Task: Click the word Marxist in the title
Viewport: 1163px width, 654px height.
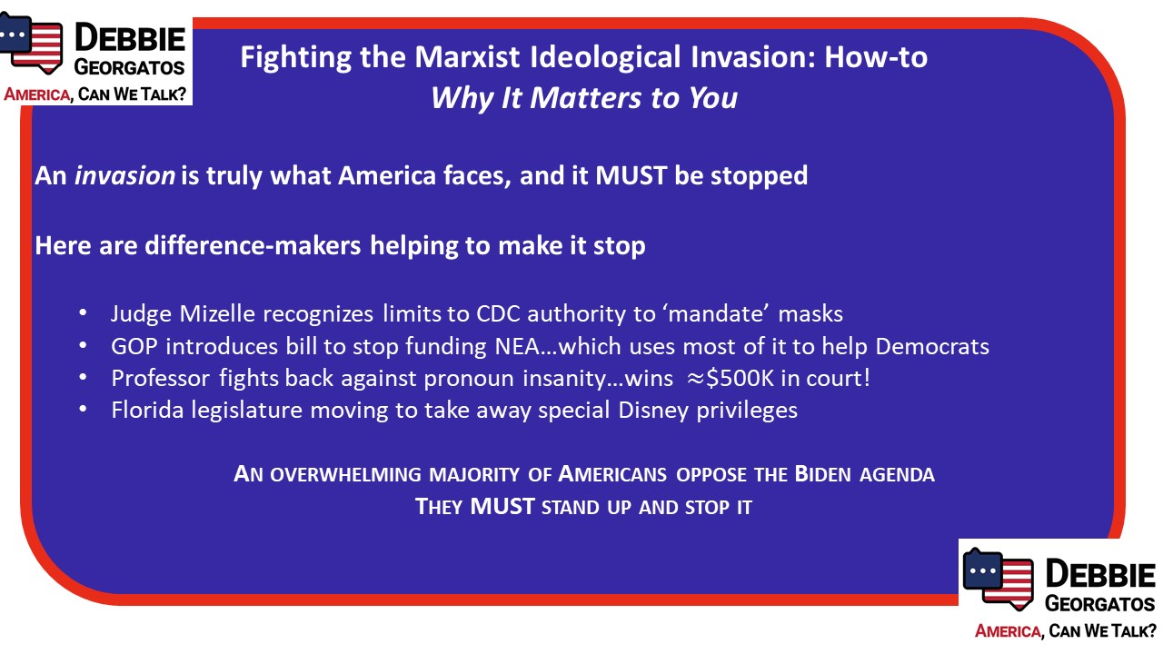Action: coord(467,56)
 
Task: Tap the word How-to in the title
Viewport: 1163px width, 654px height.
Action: coord(876,56)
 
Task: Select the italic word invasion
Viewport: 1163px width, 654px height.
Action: coord(124,175)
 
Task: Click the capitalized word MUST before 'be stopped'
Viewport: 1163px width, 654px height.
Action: coord(631,175)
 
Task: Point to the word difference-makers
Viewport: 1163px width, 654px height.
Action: coord(253,245)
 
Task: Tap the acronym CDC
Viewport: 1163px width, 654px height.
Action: coord(499,314)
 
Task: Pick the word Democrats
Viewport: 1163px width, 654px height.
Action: coord(932,347)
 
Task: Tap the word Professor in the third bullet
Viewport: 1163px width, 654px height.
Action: coord(161,379)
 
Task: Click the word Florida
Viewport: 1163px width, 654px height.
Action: coord(147,411)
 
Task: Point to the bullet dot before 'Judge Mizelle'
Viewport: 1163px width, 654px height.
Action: coord(83,313)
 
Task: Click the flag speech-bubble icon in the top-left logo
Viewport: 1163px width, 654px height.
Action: coord(31,43)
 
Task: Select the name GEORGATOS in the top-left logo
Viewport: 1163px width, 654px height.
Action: coord(129,67)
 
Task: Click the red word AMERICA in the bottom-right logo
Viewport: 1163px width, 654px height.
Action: coord(1008,631)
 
